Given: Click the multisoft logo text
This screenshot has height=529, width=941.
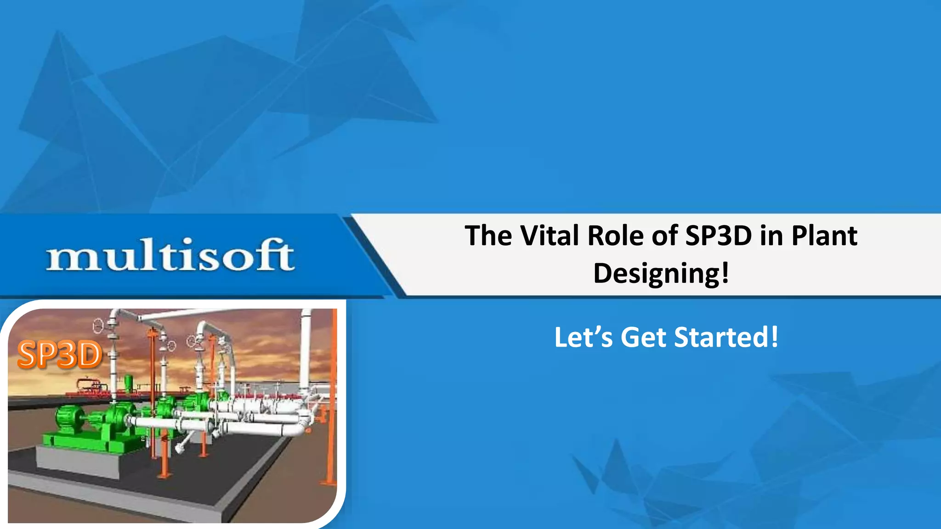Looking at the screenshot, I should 170,255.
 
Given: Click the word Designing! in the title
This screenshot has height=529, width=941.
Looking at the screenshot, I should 661,274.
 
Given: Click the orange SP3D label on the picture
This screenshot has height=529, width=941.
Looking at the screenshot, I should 59,355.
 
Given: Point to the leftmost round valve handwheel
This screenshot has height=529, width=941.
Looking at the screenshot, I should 98,326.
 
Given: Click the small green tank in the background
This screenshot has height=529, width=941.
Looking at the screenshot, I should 129,381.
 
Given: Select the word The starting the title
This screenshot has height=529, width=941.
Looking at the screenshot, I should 488,236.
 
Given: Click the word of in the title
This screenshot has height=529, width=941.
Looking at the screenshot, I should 664,236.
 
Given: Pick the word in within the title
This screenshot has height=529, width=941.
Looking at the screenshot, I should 771,236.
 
